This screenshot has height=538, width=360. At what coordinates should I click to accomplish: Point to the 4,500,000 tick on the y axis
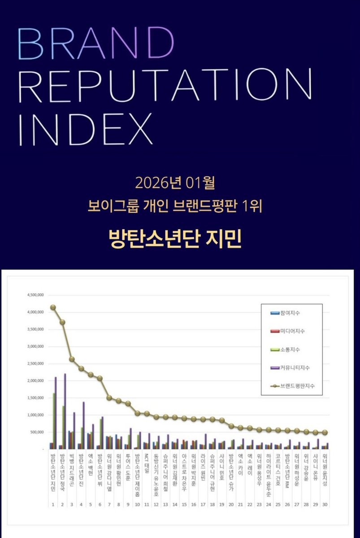[x=35, y=295]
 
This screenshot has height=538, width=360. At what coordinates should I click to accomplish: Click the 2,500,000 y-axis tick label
[x=35, y=364]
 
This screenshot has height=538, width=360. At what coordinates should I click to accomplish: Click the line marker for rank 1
[x=53, y=308]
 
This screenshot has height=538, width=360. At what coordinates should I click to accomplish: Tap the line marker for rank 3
[x=72, y=359]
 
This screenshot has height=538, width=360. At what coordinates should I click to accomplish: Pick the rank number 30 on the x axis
[x=325, y=503]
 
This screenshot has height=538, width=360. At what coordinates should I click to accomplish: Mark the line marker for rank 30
[x=325, y=433]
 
